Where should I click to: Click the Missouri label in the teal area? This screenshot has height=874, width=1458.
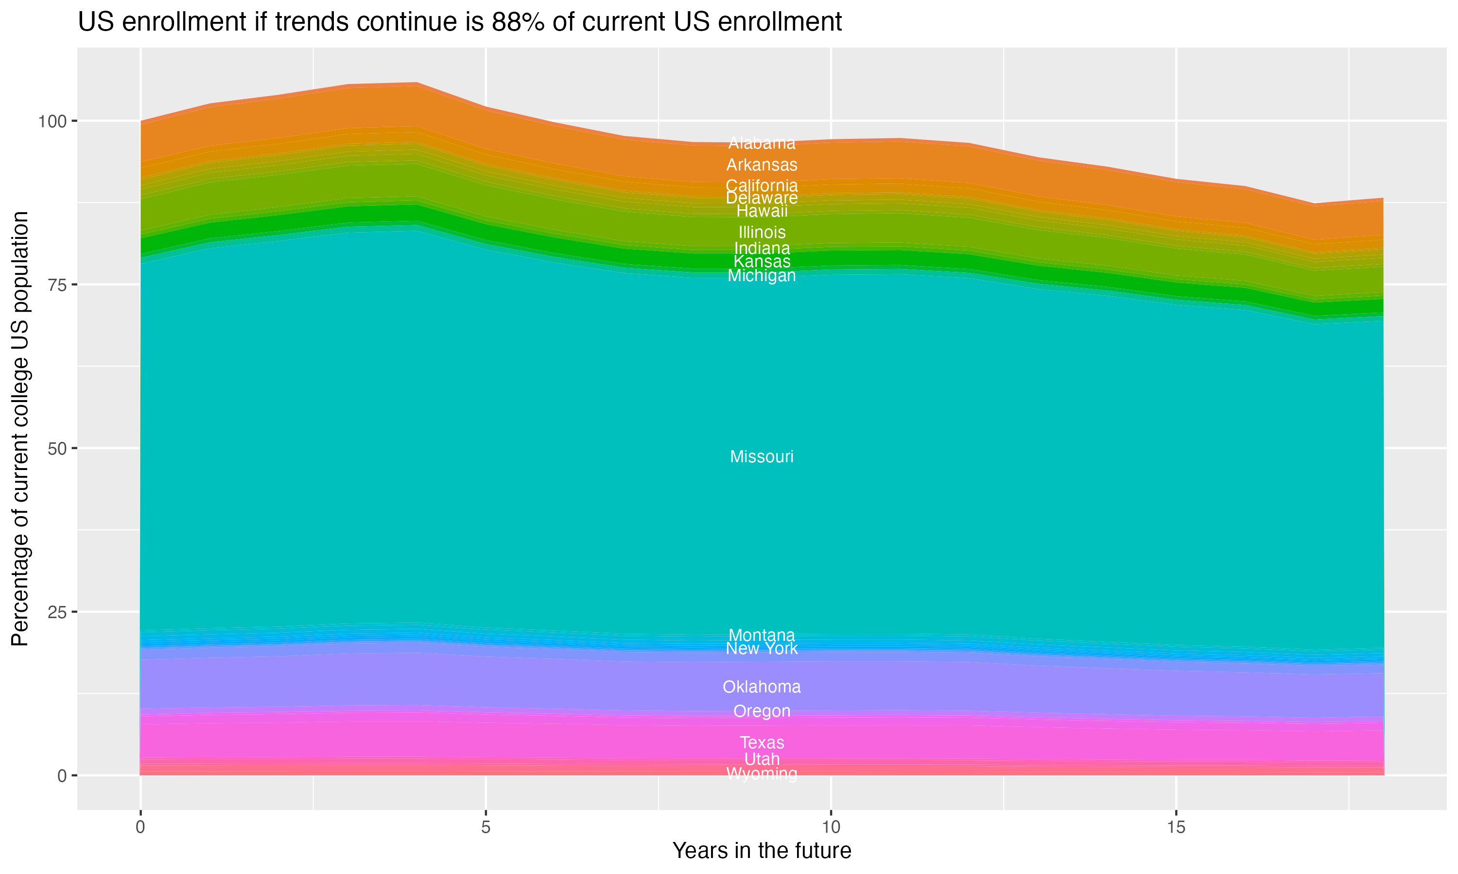click(x=762, y=456)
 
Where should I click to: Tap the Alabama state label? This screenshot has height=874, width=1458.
click(x=762, y=143)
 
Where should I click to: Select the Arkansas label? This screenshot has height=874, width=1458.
click(x=762, y=165)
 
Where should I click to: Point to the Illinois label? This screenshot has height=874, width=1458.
click(x=762, y=232)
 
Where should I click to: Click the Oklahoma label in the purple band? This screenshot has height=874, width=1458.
click(x=762, y=687)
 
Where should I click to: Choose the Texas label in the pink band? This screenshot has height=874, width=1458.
click(x=762, y=743)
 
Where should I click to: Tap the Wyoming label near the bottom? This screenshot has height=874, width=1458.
click(x=762, y=773)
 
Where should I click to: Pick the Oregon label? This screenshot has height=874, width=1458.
click(x=762, y=711)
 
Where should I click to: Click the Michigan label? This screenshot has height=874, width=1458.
click(x=762, y=276)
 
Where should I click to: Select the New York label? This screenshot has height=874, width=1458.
click(x=762, y=648)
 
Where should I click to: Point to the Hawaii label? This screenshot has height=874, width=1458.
click(x=762, y=211)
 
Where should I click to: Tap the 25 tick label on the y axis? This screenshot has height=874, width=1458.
click(x=56, y=612)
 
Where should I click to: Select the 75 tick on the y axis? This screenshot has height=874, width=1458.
click(x=56, y=286)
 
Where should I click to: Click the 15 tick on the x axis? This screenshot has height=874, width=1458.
click(x=1176, y=827)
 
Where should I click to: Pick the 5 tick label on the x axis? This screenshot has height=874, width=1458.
click(x=486, y=827)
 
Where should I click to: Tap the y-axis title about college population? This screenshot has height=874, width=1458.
click(x=20, y=428)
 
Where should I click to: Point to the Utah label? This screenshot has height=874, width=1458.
click(x=762, y=759)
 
